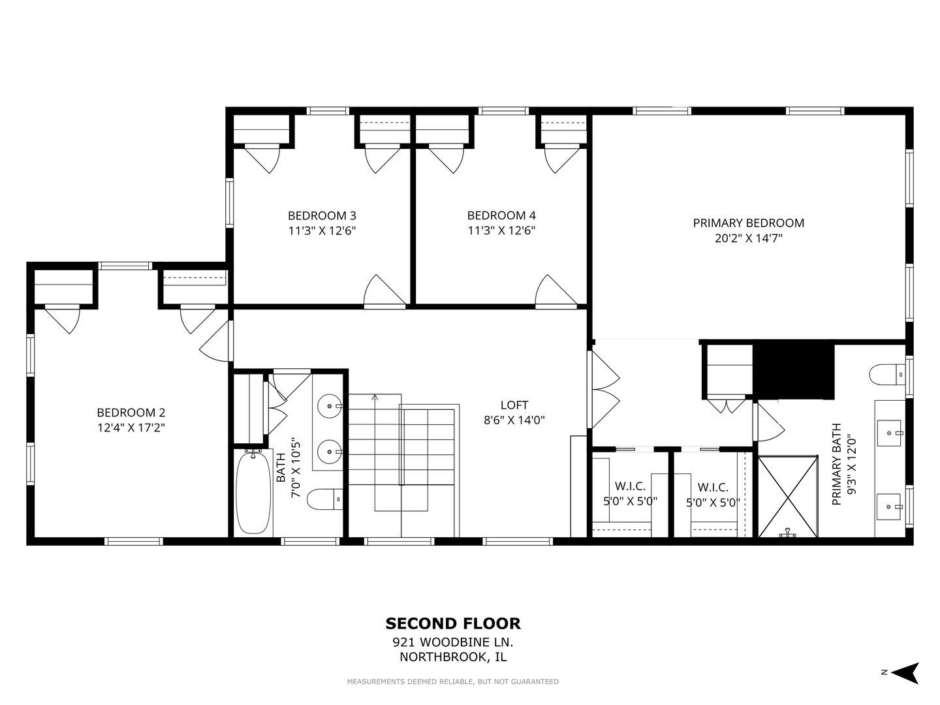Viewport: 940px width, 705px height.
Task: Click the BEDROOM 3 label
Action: pyautogui.click(x=322, y=215)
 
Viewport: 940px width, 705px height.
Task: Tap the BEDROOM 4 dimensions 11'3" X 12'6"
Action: pyautogui.click(x=501, y=230)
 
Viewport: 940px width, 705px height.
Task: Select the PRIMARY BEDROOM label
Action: pyautogui.click(x=749, y=223)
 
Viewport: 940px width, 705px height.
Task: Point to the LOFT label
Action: pyautogui.click(x=514, y=405)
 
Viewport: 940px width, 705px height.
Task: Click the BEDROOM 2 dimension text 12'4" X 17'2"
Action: pyautogui.click(x=131, y=428)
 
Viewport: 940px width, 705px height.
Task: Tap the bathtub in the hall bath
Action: pyautogui.click(x=253, y=493)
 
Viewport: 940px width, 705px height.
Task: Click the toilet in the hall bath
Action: pyautogui.click(x=325, y=499)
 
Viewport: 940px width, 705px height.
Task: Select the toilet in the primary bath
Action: pyautogui.click(x=887, y=375)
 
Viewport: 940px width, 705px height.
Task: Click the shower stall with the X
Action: pyautogui.click(x=788, y=497)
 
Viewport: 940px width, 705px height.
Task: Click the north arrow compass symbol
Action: pyautogui.click(x=905, y=673)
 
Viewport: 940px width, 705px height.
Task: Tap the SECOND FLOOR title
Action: pyautogui.click(x=453, y=623)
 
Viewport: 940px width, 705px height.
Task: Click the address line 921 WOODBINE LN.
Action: pyautogui.click(x=453, y=642)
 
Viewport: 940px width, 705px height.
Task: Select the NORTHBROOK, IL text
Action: pyautogui.click(x=453, y=657)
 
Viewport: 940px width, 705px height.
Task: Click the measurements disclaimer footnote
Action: pyautogui.click(x=452, y=681)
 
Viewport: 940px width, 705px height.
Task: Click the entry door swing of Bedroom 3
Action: pyautogui.click(x=384, y=291)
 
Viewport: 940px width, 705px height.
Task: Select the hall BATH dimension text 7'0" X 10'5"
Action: pyautogui.click(x=296, y=467)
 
